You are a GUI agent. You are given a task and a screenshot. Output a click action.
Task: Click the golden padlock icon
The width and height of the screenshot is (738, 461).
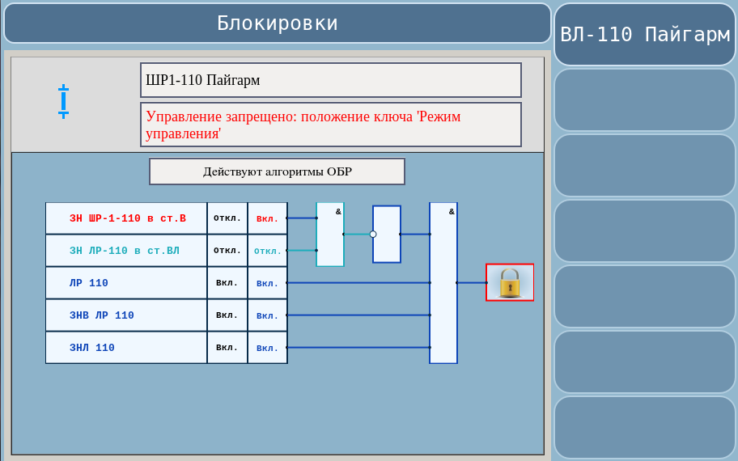tap(510, 283)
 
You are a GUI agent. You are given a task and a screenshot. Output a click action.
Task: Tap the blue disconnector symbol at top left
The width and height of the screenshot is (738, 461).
tap(64, 101)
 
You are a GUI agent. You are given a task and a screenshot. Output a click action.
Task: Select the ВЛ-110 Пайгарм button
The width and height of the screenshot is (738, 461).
tap(645, 34)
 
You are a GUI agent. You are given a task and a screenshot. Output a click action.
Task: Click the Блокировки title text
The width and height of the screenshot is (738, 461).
tap(278, 23)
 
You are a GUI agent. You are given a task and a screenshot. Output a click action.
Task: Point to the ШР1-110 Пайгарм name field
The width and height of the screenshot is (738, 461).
tap(331, 80)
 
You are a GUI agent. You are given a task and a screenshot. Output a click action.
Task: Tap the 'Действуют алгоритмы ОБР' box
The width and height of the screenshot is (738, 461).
tap(278, 171)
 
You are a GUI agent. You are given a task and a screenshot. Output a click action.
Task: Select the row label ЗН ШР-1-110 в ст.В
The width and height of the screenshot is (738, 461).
tap(128, 218)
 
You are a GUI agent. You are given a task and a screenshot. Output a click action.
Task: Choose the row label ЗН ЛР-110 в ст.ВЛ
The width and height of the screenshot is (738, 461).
tap(125, 251)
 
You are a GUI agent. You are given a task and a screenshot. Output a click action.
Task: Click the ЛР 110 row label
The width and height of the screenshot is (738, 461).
tap(88, 283)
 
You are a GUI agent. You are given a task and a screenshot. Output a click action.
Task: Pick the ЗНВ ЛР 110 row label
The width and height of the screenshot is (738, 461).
tap(102, 315)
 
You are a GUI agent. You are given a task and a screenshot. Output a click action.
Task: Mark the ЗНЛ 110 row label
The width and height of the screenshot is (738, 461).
tap(91, 348)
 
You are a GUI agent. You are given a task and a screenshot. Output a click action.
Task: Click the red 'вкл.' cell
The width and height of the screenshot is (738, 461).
tap(267, 218)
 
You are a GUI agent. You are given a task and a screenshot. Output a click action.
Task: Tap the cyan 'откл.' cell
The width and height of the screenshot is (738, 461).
tap(267, 251)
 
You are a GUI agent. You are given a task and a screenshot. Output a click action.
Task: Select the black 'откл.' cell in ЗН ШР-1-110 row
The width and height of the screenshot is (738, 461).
tap(227, 218)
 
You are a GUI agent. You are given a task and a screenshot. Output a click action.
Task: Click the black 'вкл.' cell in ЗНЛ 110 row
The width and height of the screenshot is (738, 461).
tap(227, 348)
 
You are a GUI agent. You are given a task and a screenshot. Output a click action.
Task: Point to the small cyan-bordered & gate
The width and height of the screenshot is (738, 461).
tap(330, 235)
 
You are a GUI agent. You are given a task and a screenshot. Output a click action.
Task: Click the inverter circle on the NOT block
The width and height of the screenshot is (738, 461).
tap(373, 235)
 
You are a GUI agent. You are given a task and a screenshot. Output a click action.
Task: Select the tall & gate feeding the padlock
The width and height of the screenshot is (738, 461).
tap(443, 283)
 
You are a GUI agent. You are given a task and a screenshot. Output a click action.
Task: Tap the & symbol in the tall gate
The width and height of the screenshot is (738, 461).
tap(452, 212)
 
